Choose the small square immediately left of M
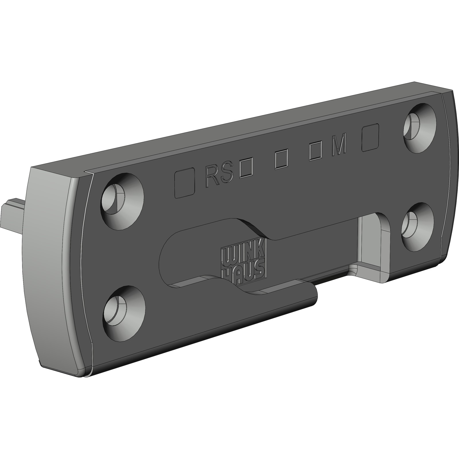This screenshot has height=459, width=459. click(x=316, y=152)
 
